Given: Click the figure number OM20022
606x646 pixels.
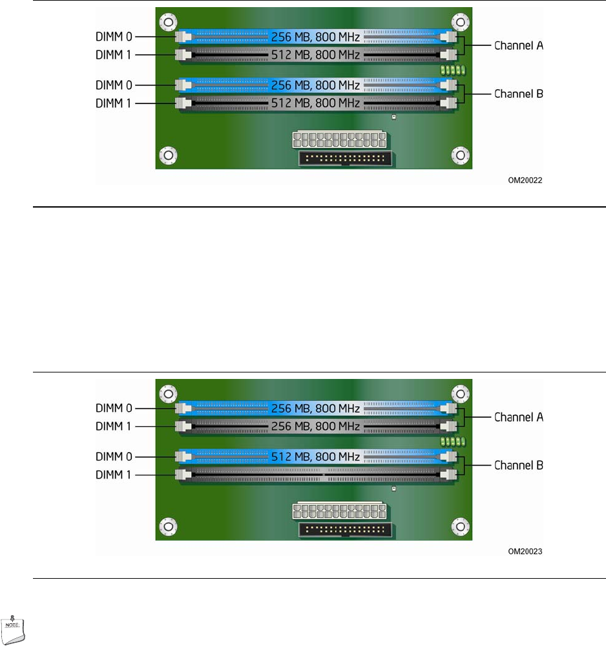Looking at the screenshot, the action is point(525,182).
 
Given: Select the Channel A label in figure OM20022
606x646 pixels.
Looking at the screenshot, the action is point(519,46).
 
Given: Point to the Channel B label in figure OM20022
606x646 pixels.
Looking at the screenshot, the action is point(519,94).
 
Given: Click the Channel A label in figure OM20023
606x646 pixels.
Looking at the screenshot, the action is point(519,418).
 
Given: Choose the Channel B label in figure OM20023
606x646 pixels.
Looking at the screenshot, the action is point(519,465).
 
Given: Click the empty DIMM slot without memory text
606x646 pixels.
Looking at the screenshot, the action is point(317,474).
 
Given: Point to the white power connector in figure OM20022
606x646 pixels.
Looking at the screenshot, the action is point(339,140).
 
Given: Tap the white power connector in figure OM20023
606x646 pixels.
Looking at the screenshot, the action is point(339,511).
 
